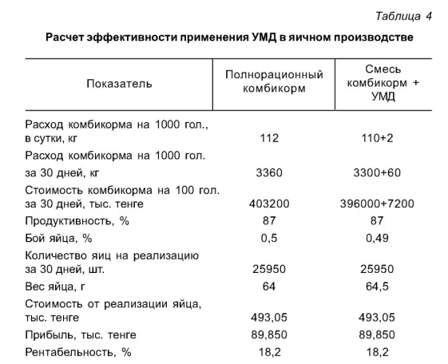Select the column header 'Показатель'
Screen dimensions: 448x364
coord(119,83)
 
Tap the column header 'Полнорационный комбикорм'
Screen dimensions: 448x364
coord(275,83)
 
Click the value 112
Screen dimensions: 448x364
coord(270,138)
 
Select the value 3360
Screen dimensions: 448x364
coord(270,171)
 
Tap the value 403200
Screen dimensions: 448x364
coord(270,204)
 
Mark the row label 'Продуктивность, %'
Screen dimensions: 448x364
coord(77,220)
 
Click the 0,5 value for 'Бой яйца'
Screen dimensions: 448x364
coord(270,237)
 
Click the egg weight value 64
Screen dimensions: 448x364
coord(270,286)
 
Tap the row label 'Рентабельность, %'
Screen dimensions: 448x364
coord(78,351)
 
